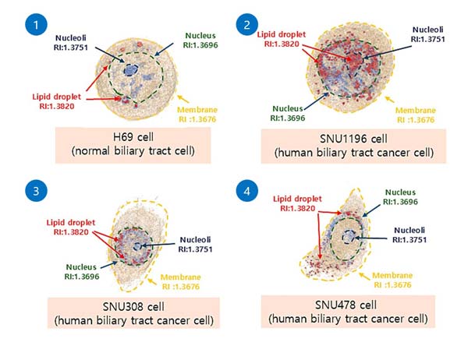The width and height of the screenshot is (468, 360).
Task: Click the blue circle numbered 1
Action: coord(36,24)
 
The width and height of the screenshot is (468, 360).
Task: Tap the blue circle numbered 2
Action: coord(246,24)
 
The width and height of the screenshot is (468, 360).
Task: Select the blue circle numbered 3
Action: coord(36,190)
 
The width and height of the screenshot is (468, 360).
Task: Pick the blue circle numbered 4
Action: coord(246,190)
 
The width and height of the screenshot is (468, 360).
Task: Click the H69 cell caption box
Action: coord(133,145)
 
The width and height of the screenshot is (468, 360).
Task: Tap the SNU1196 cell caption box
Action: coord(353,146)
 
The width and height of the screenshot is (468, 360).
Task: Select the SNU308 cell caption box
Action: coord(133,313)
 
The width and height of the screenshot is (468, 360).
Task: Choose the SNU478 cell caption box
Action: coord(348,312)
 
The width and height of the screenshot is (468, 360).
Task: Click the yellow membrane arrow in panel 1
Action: coord(183,99)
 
